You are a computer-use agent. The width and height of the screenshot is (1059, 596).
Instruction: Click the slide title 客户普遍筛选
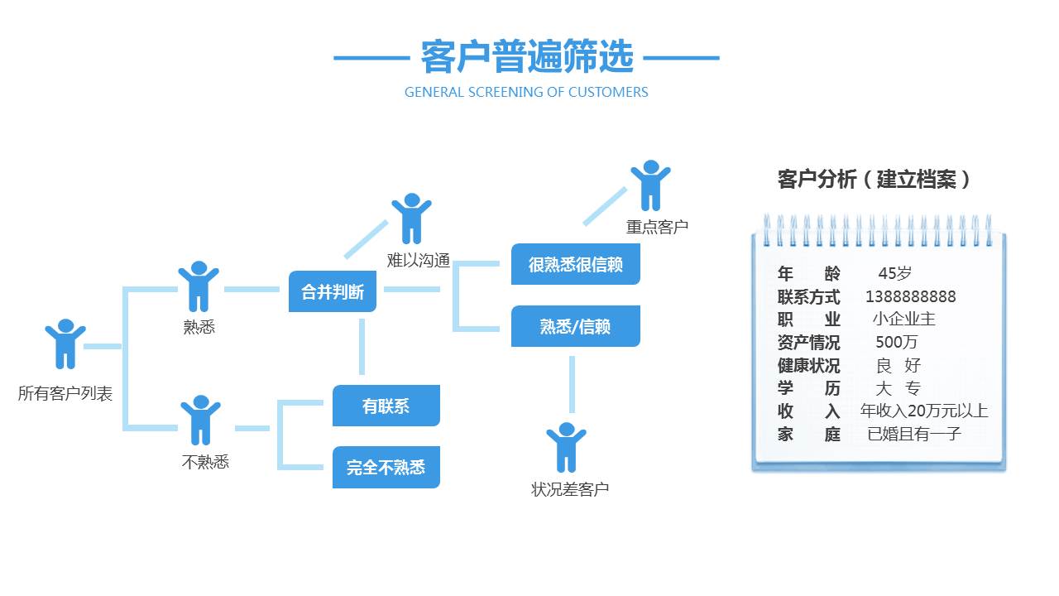point(526,57)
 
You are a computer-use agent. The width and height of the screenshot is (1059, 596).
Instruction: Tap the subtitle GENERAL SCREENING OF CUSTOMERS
point(526,92)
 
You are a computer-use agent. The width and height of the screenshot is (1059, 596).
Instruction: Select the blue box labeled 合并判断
point(333,291)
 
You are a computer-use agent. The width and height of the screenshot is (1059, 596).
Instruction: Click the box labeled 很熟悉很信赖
point(575,265)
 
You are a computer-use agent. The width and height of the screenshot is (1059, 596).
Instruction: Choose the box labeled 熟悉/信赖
point(575,326)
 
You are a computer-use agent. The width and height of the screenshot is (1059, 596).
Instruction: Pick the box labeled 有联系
point(386,406)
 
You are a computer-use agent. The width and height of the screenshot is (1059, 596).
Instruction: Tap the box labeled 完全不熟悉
point(386,467)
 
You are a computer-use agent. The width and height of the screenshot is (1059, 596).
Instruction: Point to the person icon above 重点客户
point(650,185)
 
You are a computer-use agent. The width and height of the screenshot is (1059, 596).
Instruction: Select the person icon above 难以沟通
point(411,218)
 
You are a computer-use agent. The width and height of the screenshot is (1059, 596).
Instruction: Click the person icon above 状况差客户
point(566,446)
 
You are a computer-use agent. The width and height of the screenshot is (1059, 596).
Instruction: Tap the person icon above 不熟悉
point(200,419)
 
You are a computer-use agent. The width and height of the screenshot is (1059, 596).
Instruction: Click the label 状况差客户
point(570,489)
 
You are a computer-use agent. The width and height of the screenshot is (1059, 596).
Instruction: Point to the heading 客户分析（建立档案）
point(875,179)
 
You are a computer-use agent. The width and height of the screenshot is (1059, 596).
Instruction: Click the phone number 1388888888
point(910,296)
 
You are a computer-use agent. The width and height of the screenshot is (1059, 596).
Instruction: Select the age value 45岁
point(895,274)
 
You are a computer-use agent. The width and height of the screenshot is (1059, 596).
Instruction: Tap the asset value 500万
point(896,342)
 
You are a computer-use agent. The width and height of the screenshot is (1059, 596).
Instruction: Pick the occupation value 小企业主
point(903,319)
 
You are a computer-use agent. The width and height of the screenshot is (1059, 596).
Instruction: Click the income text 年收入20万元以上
point(923,411)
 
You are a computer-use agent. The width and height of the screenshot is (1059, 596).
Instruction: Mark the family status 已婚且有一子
point(914,433)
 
